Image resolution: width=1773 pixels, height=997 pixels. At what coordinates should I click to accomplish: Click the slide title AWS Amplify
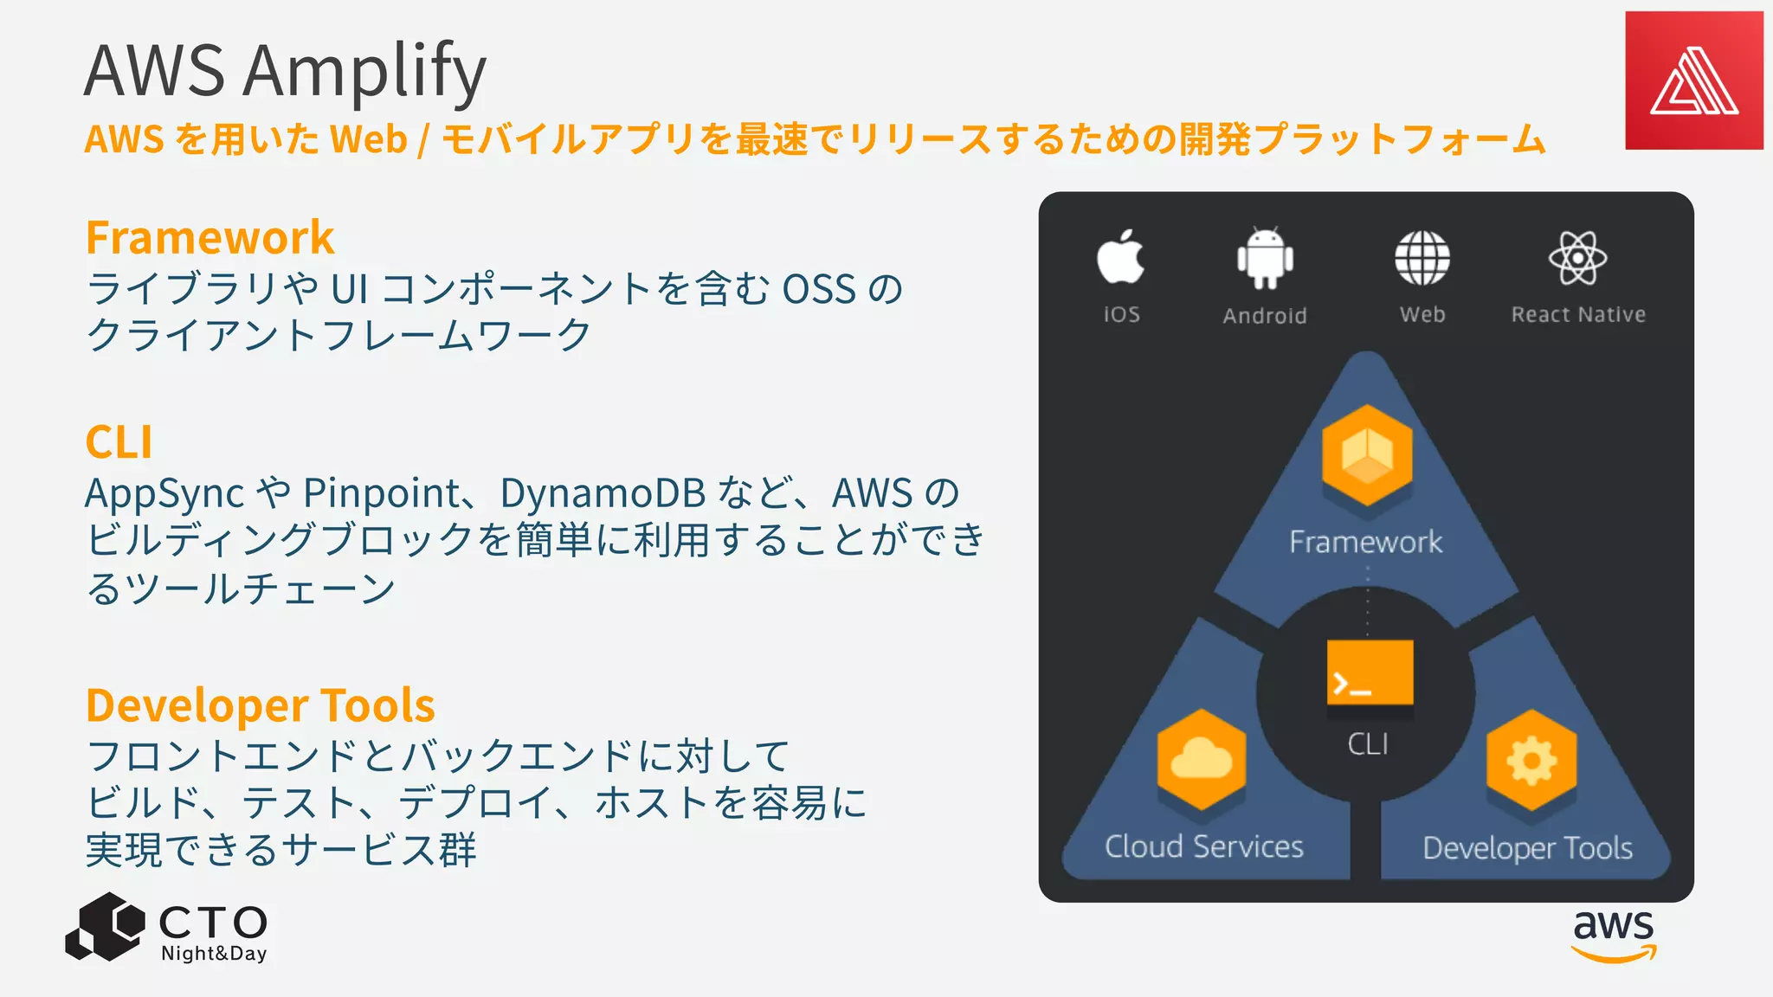pyautogui.click(x=285, y=71)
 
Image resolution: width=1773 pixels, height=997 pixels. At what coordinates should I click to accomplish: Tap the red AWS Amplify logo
pyautogui.click(x=1693, y=80)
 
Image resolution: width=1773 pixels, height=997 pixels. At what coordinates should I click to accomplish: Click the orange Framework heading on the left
pyautogui.click(x=210, y=238)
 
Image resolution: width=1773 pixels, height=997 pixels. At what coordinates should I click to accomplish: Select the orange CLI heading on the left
pyautogui.click(x=119, y=442)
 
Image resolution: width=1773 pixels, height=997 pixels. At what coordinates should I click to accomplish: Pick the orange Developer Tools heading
pyautogui.click(x=261, y=705)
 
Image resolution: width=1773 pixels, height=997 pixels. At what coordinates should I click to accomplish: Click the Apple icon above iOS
pyautogui.click(x=1120, y=257)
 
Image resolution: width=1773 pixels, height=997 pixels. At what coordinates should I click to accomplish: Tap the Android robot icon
pyautogui.click(x=1265, y=258)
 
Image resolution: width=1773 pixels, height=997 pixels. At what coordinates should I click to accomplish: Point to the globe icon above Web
pyautogui.click(x=1422, y=258)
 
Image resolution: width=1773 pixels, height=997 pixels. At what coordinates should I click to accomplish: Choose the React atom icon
pyautogui.click(x=1577, y=258)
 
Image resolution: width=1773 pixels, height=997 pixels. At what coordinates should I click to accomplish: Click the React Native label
pyautogui.click(x=1578, y=315)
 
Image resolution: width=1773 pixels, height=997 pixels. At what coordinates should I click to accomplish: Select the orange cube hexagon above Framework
pyautogui.click(x=1367, y=455)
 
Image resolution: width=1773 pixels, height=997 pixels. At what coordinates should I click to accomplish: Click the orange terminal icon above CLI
pyautogui.click(x=1370, y=673)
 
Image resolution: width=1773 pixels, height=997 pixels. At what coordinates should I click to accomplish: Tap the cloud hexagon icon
pyautogui.click(x=1202, y=760)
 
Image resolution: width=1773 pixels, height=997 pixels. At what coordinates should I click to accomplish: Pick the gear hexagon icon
pyautogui.click(x=1531, y=760)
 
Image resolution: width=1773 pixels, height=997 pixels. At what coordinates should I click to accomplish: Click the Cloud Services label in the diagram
pyautogui.click(x=1203, y=846)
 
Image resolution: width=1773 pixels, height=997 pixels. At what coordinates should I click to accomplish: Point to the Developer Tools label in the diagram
pyautogui.click(x=1528, y=848)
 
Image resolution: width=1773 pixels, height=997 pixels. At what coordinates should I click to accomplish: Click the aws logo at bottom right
pyautogui.click(x=1614, y=935)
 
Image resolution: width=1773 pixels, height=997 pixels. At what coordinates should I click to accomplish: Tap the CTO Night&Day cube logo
pyautogui.click(x=106, y=927)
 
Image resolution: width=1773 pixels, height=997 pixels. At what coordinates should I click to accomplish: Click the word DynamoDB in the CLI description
pyautogui.click(x=603, y=493)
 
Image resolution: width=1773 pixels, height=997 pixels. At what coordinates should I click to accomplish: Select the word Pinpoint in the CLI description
pyautogui.click(x=382, y=493)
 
